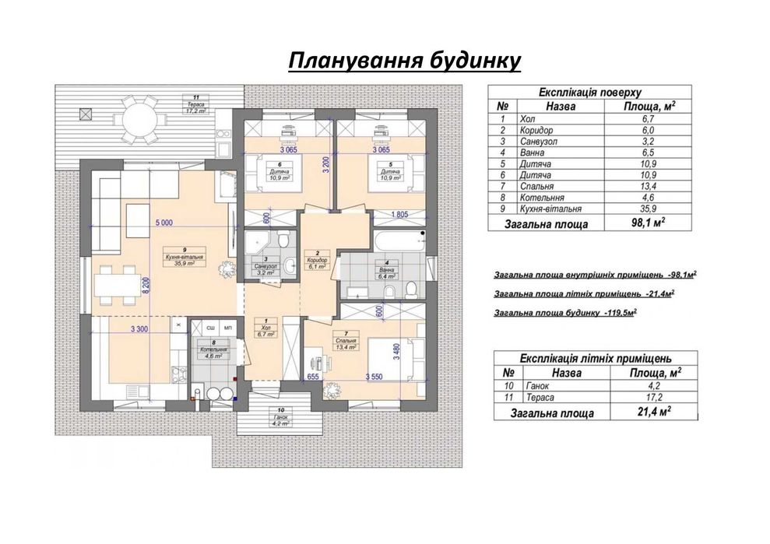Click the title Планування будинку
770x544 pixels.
point(403,61)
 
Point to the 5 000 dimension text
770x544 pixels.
point(163,223)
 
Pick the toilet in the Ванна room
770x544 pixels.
point(410,290)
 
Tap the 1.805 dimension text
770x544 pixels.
point(398,215)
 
